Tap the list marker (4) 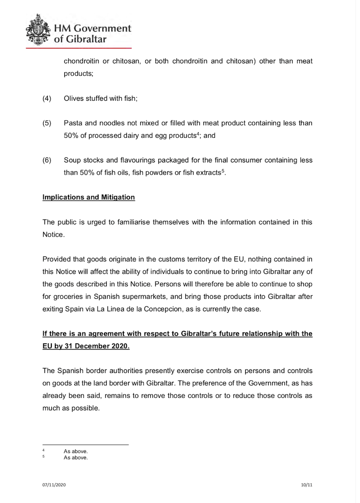coord(47,99)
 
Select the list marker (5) coord(47,123)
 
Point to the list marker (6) coord(47,160)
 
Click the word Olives coord(74,99)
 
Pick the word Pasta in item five coord(73,123)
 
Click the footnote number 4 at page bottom coord(43,450)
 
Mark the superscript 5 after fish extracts coord(223,171)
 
